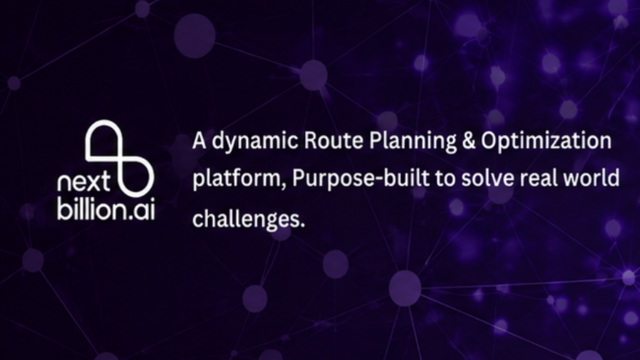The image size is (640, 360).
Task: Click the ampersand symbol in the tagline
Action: (x=469, y=141)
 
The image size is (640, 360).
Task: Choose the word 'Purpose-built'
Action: (x=361, y=179)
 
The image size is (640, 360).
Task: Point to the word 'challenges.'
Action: (x=248, y=219)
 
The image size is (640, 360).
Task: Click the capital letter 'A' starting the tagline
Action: (x=199, y=141)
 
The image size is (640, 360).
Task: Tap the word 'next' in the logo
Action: (x=84, y=182)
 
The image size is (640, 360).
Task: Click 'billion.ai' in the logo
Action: (x=106, y=209)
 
